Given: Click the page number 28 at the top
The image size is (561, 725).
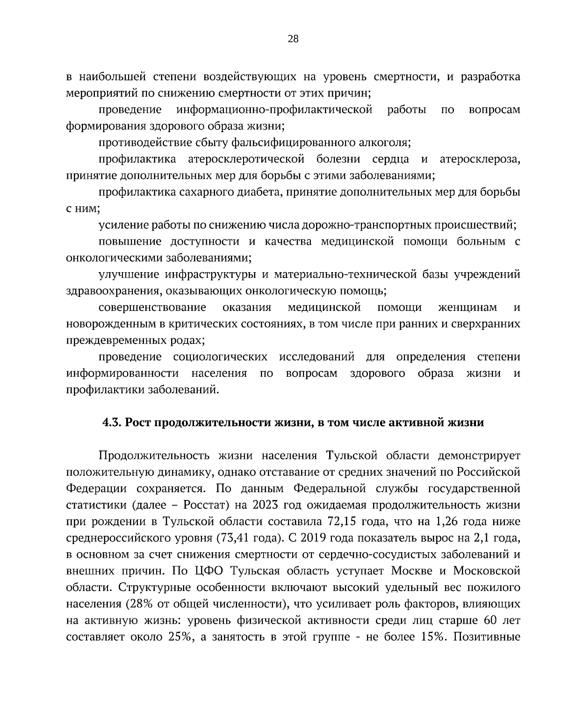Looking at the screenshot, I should point(293,39).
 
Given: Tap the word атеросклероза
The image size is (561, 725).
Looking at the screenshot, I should point(480,159).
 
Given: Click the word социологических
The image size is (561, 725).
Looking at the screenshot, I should point(220,357).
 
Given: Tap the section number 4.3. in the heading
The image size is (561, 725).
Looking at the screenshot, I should point(112,423).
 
